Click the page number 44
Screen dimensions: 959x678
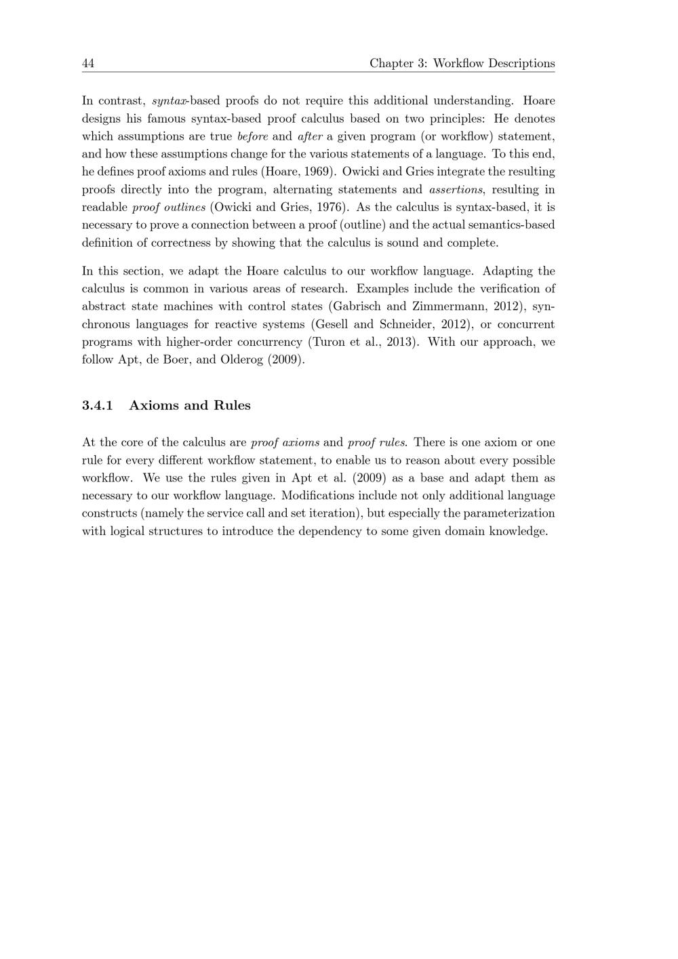click(88, 64)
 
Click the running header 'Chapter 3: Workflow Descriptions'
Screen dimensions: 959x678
click(462, 64)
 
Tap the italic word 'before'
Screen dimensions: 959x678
click(253, 137)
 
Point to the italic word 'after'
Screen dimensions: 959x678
click(310, 137)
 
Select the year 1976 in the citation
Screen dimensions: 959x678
click(330, 208)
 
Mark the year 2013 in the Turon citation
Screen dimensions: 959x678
click(401, 342)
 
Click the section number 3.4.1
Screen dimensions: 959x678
click(97, 406)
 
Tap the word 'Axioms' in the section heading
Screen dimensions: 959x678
click(153, 406)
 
